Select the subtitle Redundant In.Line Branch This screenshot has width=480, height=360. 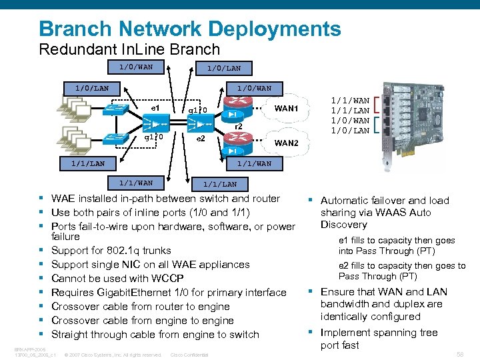coord(129,49)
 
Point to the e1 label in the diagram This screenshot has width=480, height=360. coord(155,107)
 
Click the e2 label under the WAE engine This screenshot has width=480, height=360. coord(200,139)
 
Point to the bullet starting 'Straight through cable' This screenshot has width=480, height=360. coord(155,334)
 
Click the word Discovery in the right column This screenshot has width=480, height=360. coord(343,225)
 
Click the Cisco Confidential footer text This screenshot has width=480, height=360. coord(190,355)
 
